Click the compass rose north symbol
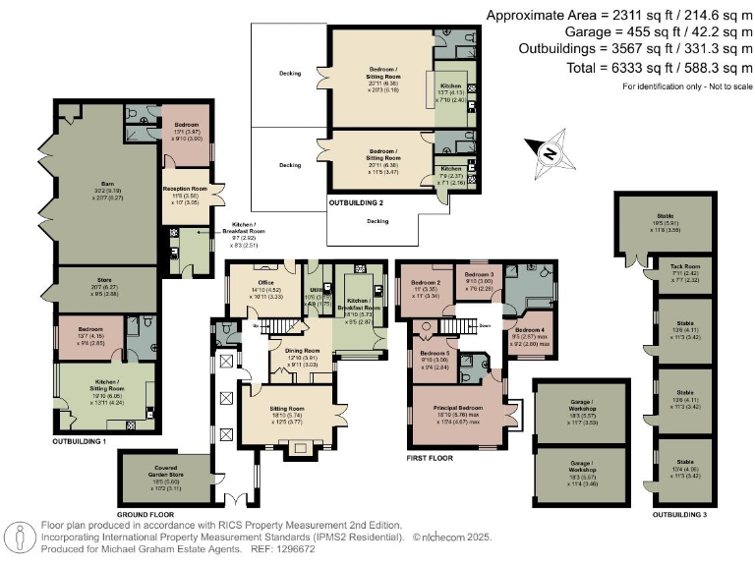coord(550,151)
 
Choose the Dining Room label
coord(302,351)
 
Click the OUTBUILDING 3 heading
coord(679,514)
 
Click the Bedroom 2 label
coord(425,283)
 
